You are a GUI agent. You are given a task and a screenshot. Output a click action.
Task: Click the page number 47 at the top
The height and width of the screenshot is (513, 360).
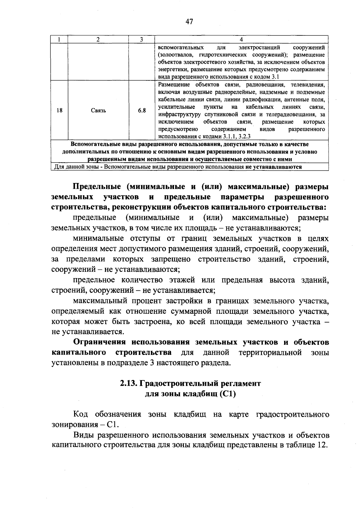(189, 22)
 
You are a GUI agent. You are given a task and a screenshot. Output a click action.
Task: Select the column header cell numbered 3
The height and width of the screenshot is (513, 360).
(141, 40)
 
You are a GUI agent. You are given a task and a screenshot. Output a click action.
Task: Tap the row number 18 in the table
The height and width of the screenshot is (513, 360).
(59, 110)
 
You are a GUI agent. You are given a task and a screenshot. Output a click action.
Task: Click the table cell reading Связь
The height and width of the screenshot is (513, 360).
(98, 110)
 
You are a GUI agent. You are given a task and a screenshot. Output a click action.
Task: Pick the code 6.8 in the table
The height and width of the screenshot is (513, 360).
(142, 110)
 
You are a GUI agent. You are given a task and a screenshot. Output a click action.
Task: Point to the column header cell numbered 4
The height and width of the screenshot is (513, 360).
(241, 40)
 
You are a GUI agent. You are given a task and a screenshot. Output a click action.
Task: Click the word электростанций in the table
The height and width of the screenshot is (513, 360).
(259, 48)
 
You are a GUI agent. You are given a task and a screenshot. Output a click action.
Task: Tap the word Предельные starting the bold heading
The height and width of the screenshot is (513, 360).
(97, 187)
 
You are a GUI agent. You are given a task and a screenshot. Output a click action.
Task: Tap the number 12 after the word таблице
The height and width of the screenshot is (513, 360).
(321, 445)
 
